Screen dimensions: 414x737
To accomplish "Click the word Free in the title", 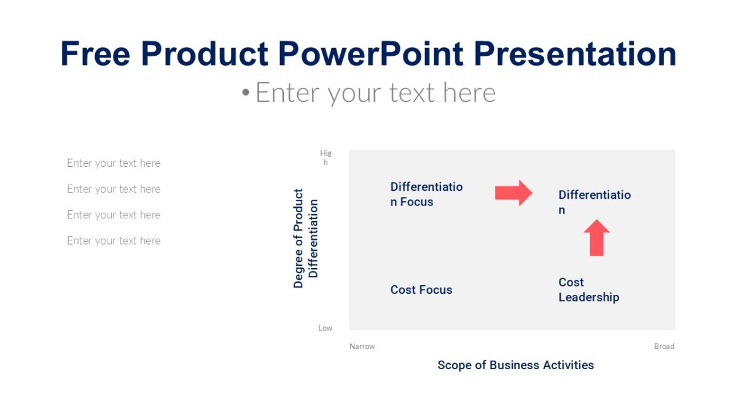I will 95,53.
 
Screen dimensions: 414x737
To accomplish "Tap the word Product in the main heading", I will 205,53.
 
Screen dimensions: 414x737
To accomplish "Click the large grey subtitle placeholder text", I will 375,93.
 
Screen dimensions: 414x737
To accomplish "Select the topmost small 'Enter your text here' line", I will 114,163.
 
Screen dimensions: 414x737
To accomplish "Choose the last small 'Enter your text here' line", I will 114,240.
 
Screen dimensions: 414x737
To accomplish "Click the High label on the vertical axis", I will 326,158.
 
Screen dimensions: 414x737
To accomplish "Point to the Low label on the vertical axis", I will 326,328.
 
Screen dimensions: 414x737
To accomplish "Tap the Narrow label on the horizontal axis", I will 362,347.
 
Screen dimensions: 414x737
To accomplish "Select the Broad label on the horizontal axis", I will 664,347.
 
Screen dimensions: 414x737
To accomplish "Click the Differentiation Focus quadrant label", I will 426,194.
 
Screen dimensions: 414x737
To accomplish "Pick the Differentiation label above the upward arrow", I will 594,202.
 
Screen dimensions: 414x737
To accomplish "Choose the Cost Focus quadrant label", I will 421,289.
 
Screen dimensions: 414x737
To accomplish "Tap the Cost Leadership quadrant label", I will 588,289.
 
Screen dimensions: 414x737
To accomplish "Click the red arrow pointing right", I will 513,193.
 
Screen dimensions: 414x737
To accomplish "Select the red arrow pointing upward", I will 596,238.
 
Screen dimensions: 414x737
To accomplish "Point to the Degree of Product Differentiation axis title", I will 305,238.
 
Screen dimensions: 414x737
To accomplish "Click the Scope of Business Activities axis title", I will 515,365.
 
